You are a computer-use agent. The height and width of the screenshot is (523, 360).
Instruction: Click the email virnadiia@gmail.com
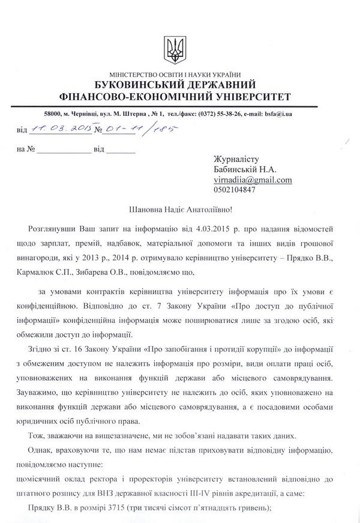[x=253, y=180]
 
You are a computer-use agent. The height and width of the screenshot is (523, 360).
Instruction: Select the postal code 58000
[x=47, y=113]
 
